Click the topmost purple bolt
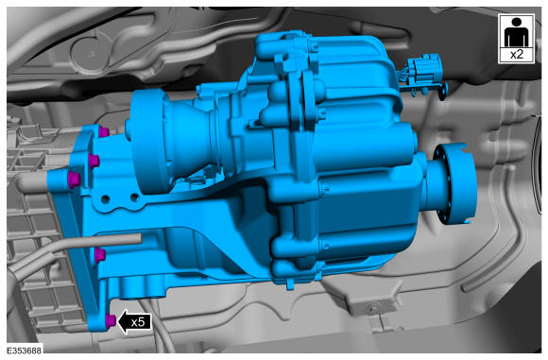[103, 131]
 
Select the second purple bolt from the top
[94, 161]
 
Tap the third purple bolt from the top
[74, 180]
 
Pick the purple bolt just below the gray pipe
[100, 255]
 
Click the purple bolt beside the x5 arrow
[111, 320]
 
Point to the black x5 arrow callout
[134, 321]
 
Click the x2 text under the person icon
[517, 55]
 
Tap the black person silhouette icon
[516, 32]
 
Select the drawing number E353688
[25, 351]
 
